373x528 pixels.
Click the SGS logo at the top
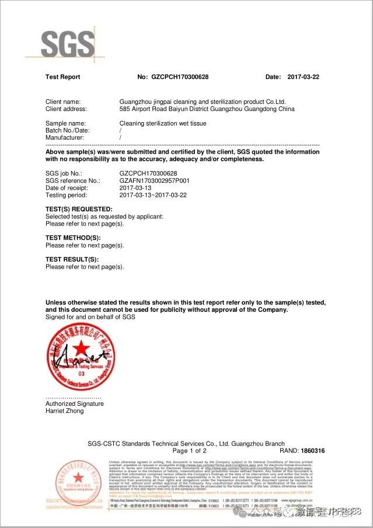(x=68, y=43)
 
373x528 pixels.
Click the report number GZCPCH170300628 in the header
(x=180, y=77)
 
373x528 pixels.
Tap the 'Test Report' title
(x=62, y=77)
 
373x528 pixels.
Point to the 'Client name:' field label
(x=63, y=102)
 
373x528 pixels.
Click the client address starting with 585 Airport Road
(x=207, y=109)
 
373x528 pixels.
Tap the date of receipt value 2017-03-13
(x=135, y=188)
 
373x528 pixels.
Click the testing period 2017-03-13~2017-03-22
(x=152, y=195)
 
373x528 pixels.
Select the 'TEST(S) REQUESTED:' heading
(x=78, y=209)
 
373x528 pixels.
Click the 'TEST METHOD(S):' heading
(x=73, y=238)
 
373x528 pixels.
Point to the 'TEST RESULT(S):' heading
(x=72, y=259)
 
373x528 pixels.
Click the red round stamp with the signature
(x=81, y=357)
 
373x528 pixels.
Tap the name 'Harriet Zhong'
(x=64, y=411)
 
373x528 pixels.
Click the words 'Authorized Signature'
(x=74, y=404)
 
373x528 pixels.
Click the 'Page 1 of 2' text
(x=190, y=451)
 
